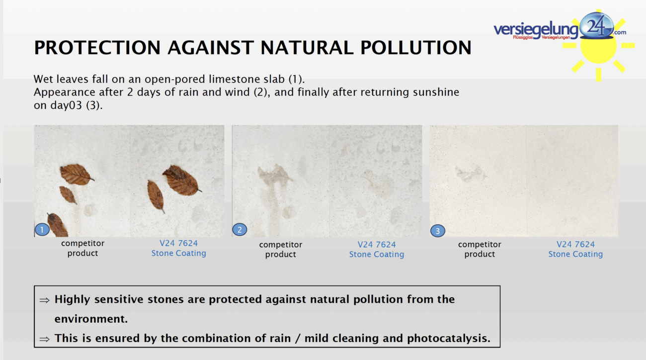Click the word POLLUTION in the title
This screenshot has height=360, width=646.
416,48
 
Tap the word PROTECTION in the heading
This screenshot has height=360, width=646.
97,48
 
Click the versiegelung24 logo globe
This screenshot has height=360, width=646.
596,26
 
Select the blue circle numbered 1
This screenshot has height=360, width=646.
42,230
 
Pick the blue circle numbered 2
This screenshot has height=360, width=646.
240,230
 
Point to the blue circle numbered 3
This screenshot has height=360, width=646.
437,231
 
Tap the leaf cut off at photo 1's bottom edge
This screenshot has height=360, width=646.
57,225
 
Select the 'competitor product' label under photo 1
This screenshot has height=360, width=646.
83,248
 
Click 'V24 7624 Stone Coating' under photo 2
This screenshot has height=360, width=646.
377,249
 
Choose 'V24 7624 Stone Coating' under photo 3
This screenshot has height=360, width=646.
575,249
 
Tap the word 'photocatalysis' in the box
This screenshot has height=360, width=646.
448,338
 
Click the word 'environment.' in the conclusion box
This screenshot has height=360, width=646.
91,319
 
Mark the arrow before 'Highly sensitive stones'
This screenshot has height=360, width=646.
44,300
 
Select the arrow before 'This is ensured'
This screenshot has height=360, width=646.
44,339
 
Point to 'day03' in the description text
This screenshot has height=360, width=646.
66,105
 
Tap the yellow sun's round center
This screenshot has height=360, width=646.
599,46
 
